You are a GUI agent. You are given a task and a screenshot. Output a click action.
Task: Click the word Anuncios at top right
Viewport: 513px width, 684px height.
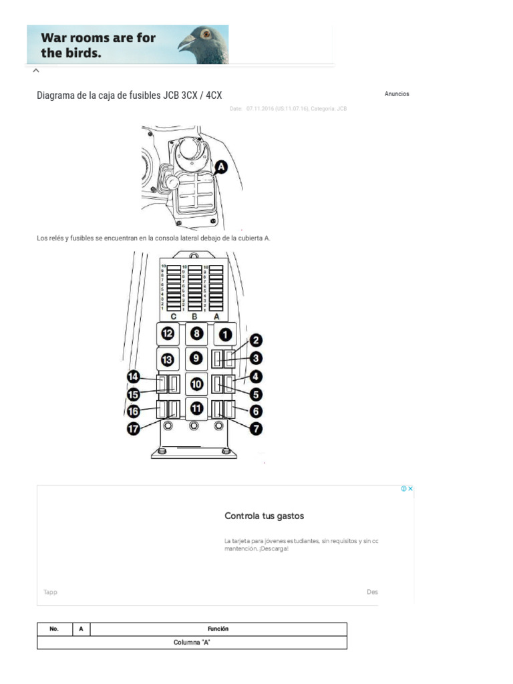coord(397,94)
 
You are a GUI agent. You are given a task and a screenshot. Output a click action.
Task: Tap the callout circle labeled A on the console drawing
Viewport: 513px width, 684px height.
coord(220,168)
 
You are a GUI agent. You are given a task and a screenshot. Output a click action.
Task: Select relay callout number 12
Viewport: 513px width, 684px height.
coord(167,333)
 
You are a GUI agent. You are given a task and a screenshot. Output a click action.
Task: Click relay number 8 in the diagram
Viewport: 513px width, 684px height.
coord(195,333)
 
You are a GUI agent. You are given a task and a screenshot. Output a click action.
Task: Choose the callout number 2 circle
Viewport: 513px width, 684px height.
coord(255,341)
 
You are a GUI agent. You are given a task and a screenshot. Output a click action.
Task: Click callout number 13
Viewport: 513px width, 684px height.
coord(167,359)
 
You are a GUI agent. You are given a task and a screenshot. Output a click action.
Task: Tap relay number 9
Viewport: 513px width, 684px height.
coord(195,359)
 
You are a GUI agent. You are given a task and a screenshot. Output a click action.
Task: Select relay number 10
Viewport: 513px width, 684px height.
coord(195,384)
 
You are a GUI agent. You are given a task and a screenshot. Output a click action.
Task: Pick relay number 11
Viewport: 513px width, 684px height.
coord(195,408)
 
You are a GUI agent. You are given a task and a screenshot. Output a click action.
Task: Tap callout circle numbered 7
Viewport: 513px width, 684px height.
coord(255,429)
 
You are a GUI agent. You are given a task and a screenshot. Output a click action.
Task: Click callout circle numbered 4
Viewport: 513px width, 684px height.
coord(255,377)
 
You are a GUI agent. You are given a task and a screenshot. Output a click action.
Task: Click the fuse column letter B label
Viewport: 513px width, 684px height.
coord(194,316)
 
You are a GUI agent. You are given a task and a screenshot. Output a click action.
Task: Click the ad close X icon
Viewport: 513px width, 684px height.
coord(411,489)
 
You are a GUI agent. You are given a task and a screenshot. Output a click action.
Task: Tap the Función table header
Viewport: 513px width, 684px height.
coord(218,629)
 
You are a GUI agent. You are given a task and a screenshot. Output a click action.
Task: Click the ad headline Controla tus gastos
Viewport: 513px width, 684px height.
coord(265,516)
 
